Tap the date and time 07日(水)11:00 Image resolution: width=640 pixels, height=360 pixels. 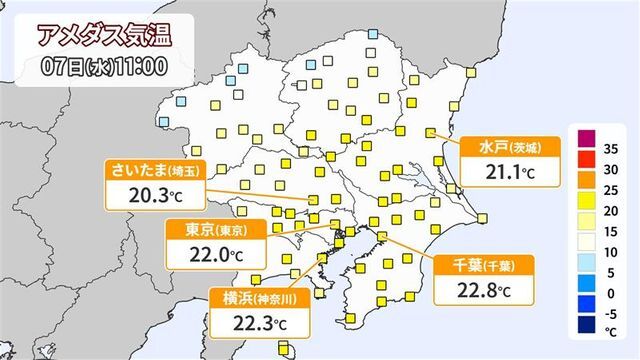(97, 68)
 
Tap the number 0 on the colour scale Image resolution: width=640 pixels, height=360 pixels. (610, 294)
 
